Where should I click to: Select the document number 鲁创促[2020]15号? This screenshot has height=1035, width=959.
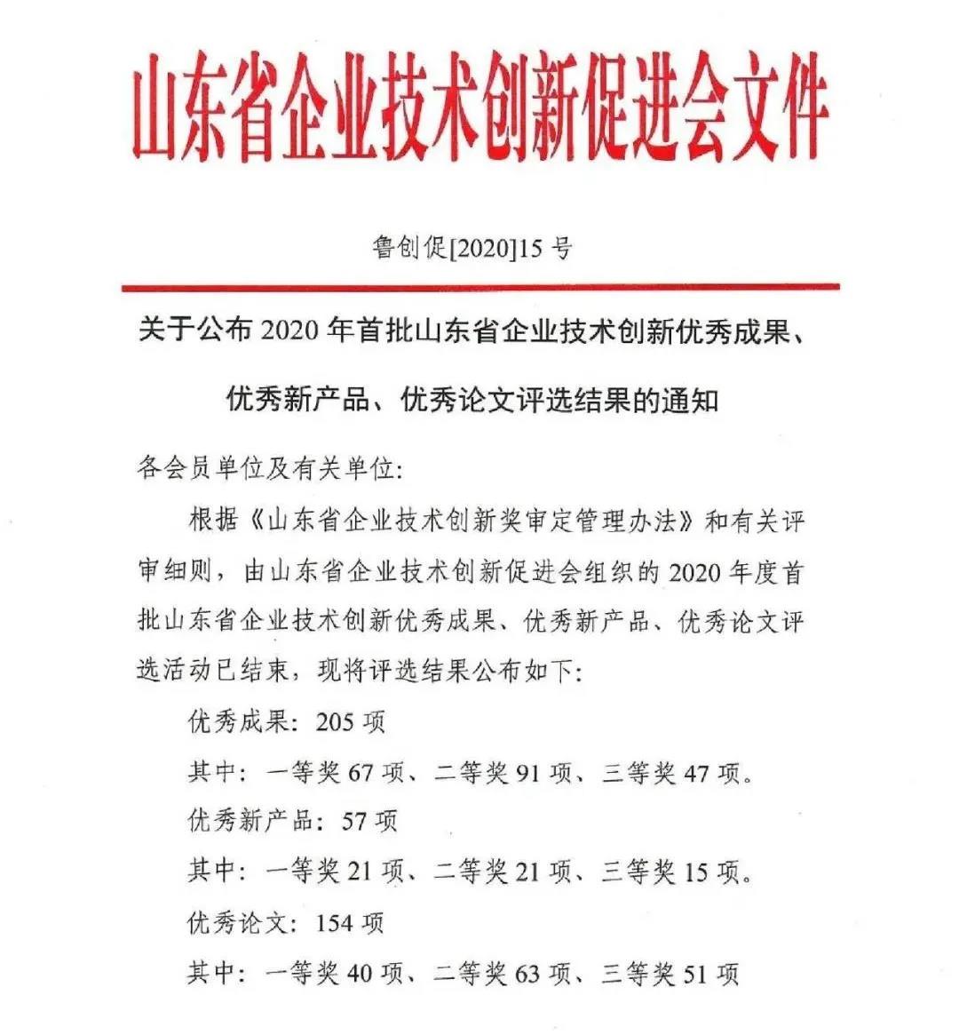(x=472, y=248)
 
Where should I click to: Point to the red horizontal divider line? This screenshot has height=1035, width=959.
(x=479, y=287)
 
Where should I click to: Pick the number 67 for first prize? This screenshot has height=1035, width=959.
(x=361, y=773)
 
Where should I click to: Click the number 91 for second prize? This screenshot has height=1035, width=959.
(x=527, y=773)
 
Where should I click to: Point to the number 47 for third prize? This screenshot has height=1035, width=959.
(x=695, y=773)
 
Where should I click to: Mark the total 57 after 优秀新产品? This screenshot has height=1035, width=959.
(x=354, y=822)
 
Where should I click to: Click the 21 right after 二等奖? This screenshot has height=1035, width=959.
(x=527, y=872)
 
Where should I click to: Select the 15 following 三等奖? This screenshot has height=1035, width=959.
(x=695, y=872)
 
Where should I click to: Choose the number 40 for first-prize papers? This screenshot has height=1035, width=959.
(x=361, y=975)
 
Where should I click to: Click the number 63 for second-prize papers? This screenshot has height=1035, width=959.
(x=527, y=975)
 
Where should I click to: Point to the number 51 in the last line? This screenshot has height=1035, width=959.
(x=695, y=975)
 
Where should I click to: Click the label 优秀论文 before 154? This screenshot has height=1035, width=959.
(x=237, y=924)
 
